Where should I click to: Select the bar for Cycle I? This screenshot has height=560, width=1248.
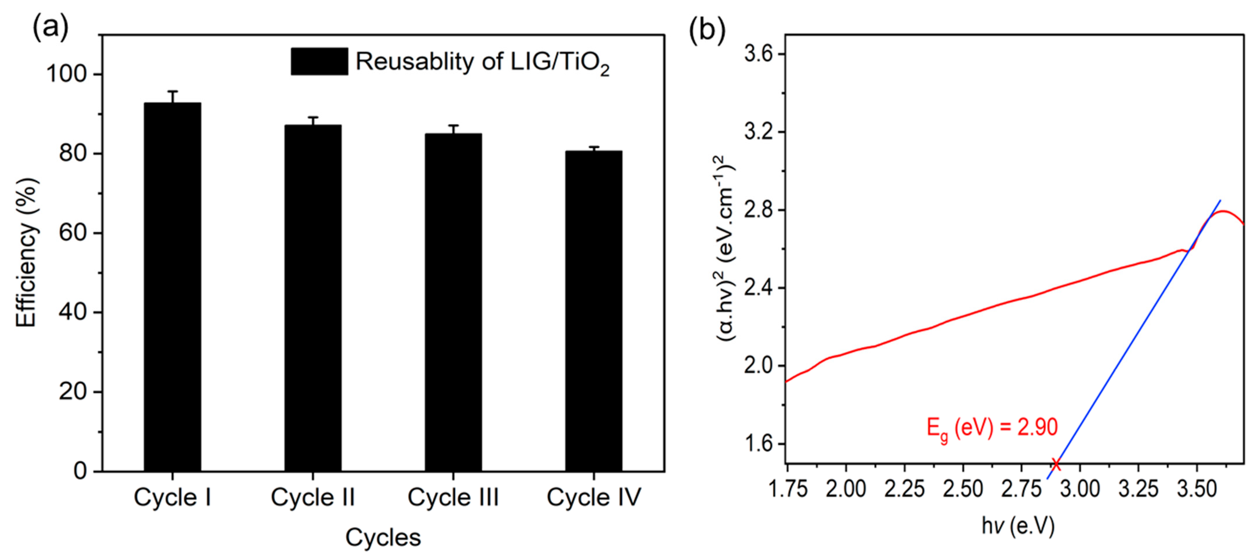click(x=173, y=286)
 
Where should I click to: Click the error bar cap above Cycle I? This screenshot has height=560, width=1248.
click(x=173, y=91)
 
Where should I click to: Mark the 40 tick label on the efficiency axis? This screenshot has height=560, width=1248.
click(x=73, y=313)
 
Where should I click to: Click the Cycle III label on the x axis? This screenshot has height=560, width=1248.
click(x=453, y=497)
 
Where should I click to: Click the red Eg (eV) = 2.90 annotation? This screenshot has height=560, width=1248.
click(x=992, y=428)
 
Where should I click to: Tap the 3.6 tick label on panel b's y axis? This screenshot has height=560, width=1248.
click(x=758, y=54)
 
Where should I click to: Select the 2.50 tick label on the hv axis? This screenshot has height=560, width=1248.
click(x=963, y=489)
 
